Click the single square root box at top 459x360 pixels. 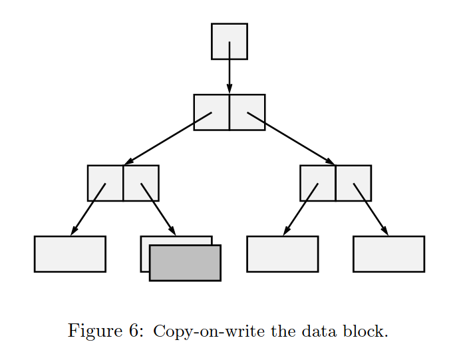229,33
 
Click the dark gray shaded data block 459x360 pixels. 185,263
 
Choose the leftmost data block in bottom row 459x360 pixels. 70,254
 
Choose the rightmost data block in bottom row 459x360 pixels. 388,254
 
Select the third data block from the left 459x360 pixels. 282,254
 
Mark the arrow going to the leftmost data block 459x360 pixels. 88,209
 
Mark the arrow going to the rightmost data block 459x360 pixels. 371,209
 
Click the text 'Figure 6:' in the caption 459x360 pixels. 105,331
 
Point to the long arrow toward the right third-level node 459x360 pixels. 290,138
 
